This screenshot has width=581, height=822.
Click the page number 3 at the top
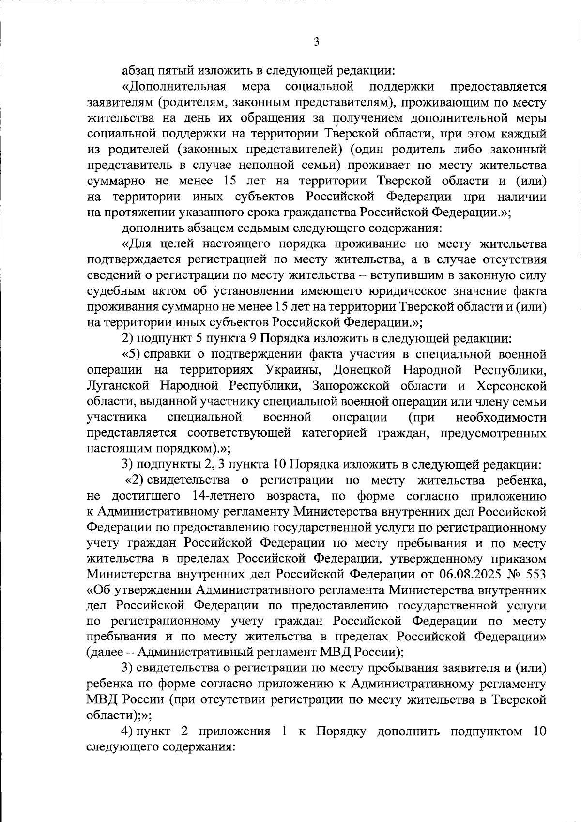tap(316, 42)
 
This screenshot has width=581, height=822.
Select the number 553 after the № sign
tap(535, 575)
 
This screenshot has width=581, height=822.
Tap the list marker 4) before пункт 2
tap(128, 731)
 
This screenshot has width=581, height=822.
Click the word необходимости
tap(501, 418)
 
